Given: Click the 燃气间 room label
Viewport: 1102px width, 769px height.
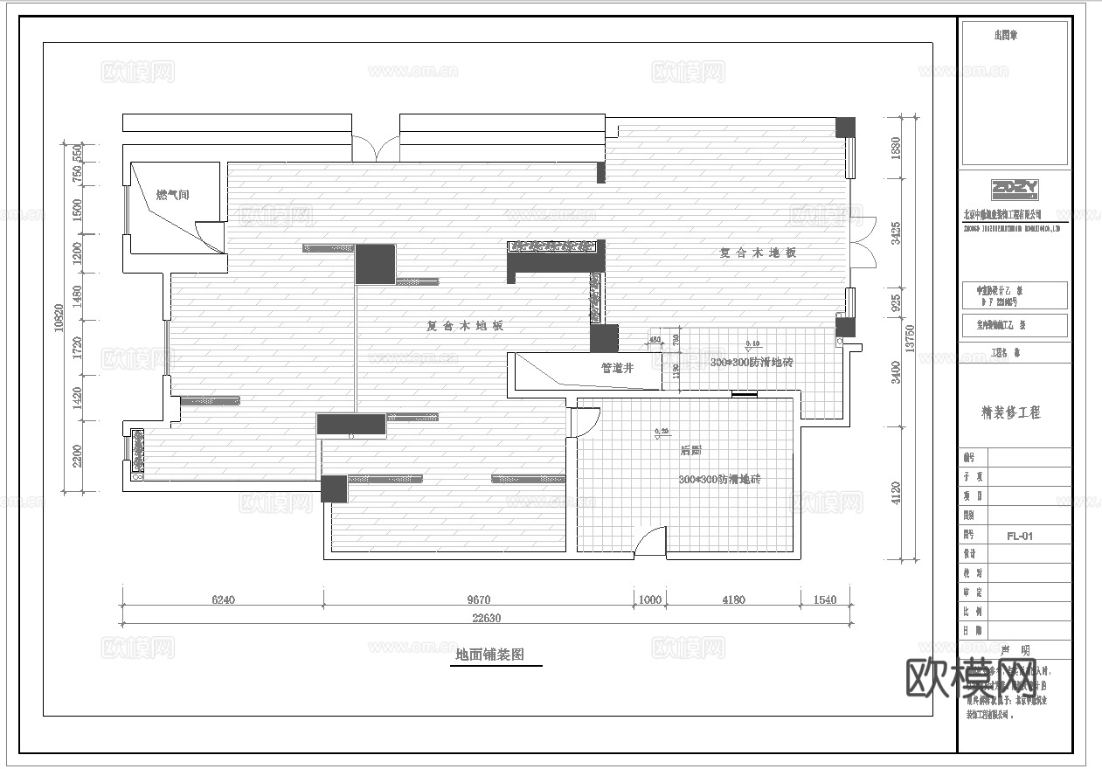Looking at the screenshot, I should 172,195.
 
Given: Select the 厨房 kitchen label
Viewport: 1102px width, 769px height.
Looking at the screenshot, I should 690,451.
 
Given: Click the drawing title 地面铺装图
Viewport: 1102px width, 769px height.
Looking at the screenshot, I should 490,655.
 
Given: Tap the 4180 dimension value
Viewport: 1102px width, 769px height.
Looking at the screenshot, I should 732,599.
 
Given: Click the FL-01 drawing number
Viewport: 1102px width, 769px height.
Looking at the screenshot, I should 1019,536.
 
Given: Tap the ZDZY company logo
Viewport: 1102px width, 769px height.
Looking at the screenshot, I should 1015,189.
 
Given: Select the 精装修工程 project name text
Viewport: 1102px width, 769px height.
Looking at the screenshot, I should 1011,412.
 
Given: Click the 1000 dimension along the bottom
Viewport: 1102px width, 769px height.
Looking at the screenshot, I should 650,599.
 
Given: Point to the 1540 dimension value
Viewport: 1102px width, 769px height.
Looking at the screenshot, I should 824,599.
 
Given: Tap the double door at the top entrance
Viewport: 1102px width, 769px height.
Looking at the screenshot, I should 376,147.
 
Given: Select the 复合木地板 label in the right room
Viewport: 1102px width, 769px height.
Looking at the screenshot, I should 758,253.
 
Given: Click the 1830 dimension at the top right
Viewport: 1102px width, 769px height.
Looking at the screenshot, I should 895,148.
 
